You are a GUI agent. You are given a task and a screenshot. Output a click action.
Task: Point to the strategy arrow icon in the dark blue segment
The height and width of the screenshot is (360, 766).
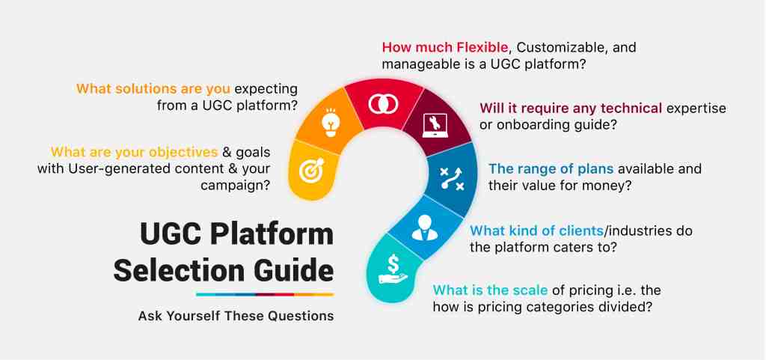point(451,178)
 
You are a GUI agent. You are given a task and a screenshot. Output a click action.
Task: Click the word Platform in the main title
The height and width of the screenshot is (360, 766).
point(272,235)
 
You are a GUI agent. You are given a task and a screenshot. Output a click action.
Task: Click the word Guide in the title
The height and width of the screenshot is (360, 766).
point(296,269)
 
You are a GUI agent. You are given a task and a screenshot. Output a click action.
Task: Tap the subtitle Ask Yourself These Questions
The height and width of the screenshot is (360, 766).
point(236,316)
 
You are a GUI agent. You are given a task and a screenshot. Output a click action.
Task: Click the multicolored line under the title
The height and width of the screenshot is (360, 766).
point(265,294)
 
